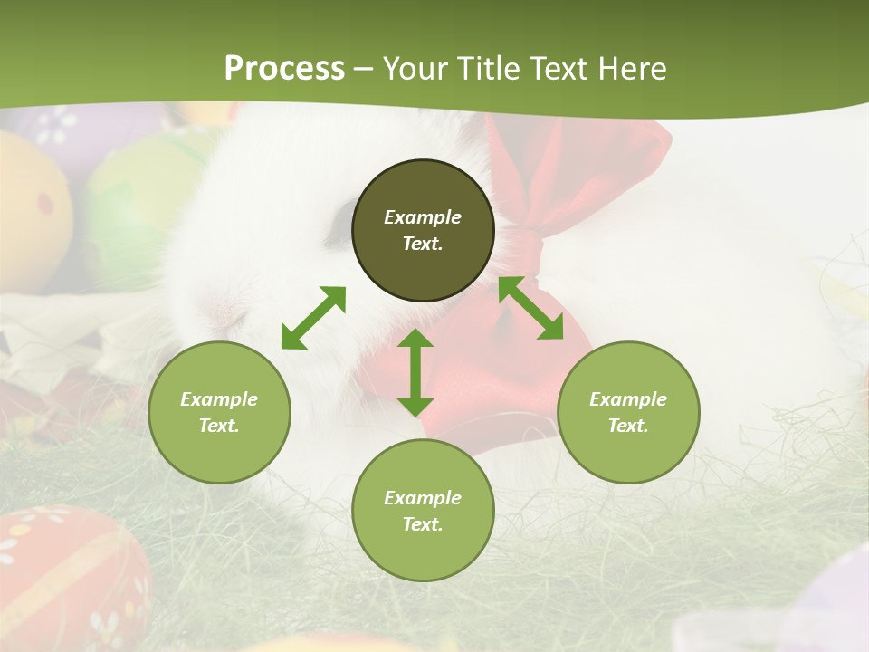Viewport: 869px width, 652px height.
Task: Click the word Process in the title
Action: (x=284, y=68)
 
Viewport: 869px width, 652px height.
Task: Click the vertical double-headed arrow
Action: (x=415, y=372)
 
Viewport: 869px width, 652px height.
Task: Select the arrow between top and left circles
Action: (x=313, y=318)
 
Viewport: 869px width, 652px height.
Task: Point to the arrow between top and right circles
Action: (x=530, y=308)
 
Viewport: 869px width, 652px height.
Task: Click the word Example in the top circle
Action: (x=423, y=217)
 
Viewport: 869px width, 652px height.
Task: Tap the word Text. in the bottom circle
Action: (x=423, y=524)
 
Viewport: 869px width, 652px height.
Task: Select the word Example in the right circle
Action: (x=628, y=399)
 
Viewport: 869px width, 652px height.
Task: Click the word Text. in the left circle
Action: (x=219, y=426)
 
